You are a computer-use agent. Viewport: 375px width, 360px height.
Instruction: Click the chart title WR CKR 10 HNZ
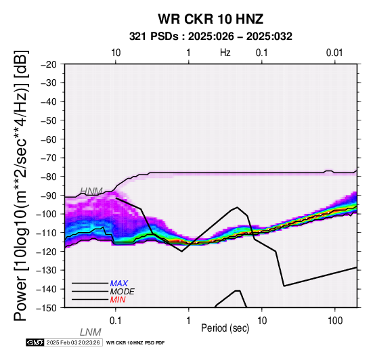[211, 19]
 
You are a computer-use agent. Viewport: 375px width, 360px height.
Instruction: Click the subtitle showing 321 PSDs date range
[211, 37]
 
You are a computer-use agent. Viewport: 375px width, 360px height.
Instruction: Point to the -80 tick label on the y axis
[49, 177]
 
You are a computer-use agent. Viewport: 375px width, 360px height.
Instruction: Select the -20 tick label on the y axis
[49, 64]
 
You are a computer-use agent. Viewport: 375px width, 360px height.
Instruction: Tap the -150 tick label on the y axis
[47, 308]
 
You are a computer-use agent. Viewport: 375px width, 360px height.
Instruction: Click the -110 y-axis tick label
[47, 233]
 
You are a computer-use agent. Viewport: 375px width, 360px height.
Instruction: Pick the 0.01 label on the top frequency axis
[334, 53]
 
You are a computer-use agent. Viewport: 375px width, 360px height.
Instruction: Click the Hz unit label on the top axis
[225, 53]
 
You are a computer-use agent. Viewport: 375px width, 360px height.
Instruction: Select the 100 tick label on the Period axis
[335, 321]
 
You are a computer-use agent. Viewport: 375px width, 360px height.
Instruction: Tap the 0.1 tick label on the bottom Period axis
[116, 321]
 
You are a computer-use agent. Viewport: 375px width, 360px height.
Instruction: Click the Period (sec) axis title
[225, 328]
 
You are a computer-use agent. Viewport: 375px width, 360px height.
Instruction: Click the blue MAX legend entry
[118, 284]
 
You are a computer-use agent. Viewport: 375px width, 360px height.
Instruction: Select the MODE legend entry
[122, 292]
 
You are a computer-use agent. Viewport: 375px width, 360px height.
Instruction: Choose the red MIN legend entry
[118, 300]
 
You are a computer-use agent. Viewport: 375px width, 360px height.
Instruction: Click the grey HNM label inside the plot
[91, 191]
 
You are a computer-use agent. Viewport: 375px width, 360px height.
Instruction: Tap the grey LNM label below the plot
[91, 332]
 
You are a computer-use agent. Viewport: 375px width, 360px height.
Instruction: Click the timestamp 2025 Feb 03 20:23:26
[73, 342]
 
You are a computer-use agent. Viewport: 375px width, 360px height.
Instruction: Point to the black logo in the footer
[35, 342]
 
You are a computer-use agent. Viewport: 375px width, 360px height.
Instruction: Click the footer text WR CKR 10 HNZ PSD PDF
[135, 343]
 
